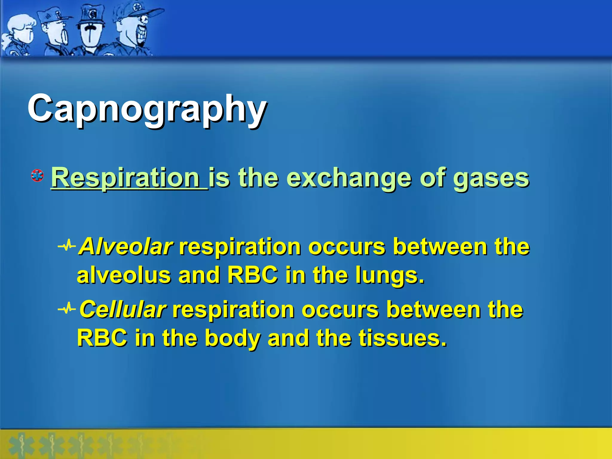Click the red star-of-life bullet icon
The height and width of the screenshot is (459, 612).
[38, 176]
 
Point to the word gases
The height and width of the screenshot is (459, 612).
[491, 178]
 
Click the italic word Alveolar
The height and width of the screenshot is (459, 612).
[126, 247]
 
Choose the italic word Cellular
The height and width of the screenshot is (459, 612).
[123, 310]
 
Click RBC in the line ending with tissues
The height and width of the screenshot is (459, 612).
[102, 338]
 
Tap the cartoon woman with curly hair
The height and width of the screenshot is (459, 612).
[19, 33]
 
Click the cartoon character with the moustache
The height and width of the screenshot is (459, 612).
[90, 30]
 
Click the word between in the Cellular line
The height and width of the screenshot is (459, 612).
[433, 310]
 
